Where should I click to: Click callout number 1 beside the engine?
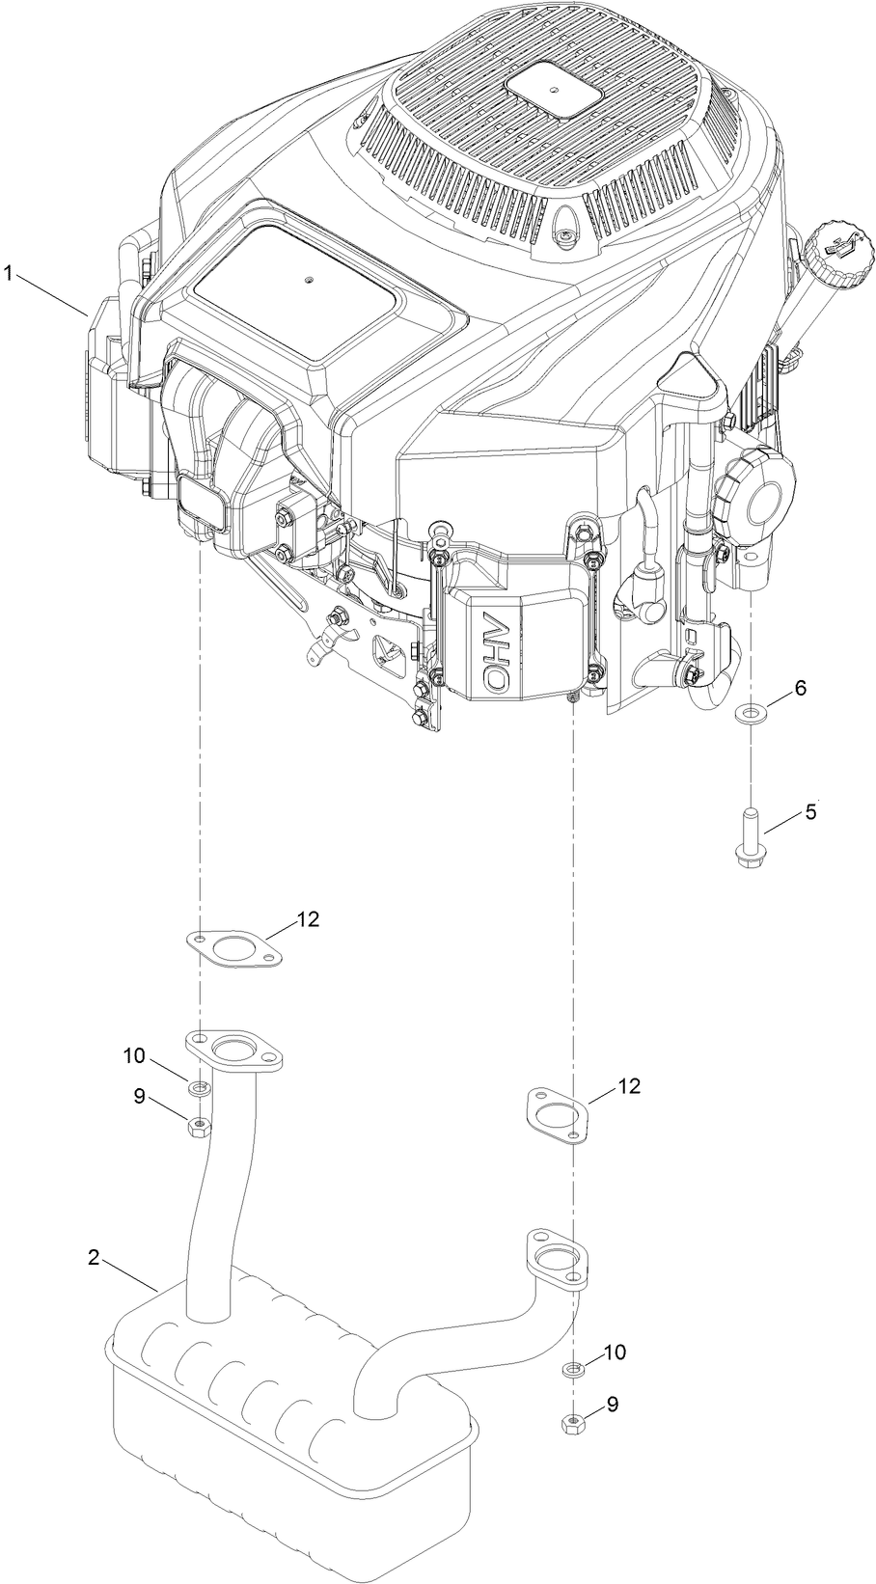point(8,274)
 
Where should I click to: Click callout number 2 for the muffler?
point(94,1258)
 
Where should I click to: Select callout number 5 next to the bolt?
point(810,812)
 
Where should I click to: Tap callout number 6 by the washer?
point(800,688)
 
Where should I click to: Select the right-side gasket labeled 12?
point(558,1114)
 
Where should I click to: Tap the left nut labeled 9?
point(198,1126)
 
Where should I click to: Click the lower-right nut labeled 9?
point(571,1422)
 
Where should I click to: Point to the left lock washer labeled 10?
point(199,1088)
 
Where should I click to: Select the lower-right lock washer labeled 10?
point(572,1369)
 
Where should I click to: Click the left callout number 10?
point(134,1056)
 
